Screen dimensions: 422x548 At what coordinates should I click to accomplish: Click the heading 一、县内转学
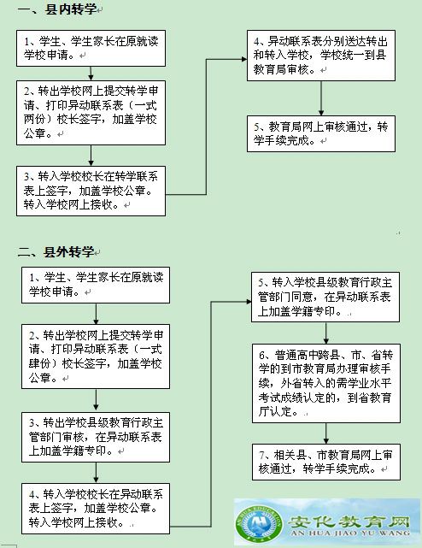click(x=57, y=9)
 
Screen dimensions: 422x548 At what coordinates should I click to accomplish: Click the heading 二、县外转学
click(x=56, y=251)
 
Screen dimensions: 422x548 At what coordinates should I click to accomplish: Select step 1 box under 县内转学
click(x=91, y=48)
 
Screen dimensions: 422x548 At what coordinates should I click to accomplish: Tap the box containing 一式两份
click(x=91, y=113)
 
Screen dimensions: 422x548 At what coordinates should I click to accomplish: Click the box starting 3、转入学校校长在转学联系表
click(x=91, y=191)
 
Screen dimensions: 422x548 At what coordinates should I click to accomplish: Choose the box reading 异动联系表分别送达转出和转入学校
click(x=321, y=56)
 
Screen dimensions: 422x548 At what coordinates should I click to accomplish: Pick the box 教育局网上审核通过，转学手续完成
click(x=321, y=133)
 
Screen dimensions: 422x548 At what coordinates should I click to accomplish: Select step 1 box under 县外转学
click(x=96, y=285)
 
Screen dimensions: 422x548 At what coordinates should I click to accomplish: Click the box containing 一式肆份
click(x=96, y=356)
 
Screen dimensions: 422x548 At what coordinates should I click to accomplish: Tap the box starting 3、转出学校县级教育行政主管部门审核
click(x=96, y=437)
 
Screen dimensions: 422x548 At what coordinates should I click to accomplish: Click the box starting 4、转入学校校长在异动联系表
click(x=96, y=509)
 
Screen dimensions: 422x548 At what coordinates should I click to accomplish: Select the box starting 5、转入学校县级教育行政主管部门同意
click(x=325, y=297)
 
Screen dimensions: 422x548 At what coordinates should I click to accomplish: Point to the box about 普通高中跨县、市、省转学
click(x=326, y=383)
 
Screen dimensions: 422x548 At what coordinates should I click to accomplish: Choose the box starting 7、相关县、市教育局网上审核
click(x=326, y=462)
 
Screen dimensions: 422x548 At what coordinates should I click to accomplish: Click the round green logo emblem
click(x=259, y=524)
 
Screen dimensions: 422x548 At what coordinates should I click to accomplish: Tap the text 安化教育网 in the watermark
click(x=349, y=521)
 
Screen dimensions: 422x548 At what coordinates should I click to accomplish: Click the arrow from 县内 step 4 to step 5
click(x=321, y=98)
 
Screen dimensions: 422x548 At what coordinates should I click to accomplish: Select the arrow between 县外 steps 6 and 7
click(x=326, y=433)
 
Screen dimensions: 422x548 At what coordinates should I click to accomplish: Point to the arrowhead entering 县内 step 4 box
click(x=244, y=59)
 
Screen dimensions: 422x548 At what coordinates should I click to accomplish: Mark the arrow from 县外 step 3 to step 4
click(x=96, y=473)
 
